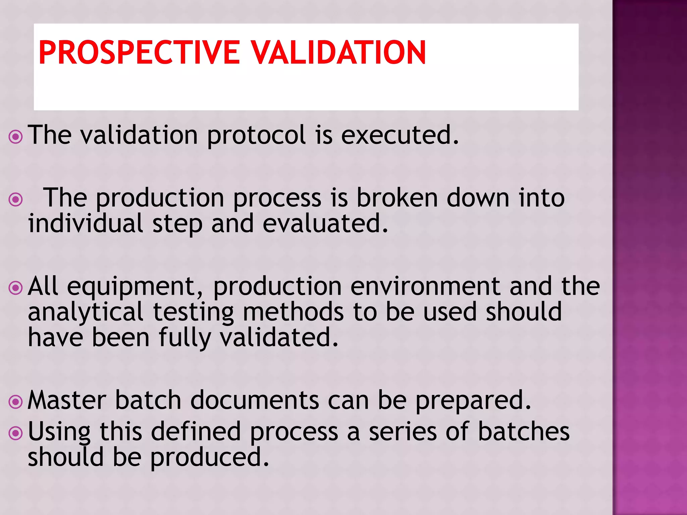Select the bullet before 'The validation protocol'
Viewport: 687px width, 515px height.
click(x=15, y=136)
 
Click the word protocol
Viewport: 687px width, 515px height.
click(x=256, y=135)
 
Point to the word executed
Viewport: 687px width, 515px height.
click(x=400, y=135)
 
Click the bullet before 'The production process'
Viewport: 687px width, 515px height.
click(x=15, y=200)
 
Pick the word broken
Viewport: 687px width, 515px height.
click(x=397, y=198)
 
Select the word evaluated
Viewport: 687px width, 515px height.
click(x=325, y=224)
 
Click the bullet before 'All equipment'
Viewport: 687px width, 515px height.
click(x=15, y=288)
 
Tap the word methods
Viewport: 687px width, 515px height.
click(x=293, y=312)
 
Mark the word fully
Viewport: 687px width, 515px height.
click(x=185, y=338)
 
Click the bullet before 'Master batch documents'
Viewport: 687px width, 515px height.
click(x=15, y=402)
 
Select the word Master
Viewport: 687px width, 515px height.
click(x=67, y=400)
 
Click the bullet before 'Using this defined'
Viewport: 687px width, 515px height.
click(x=15, y=433)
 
